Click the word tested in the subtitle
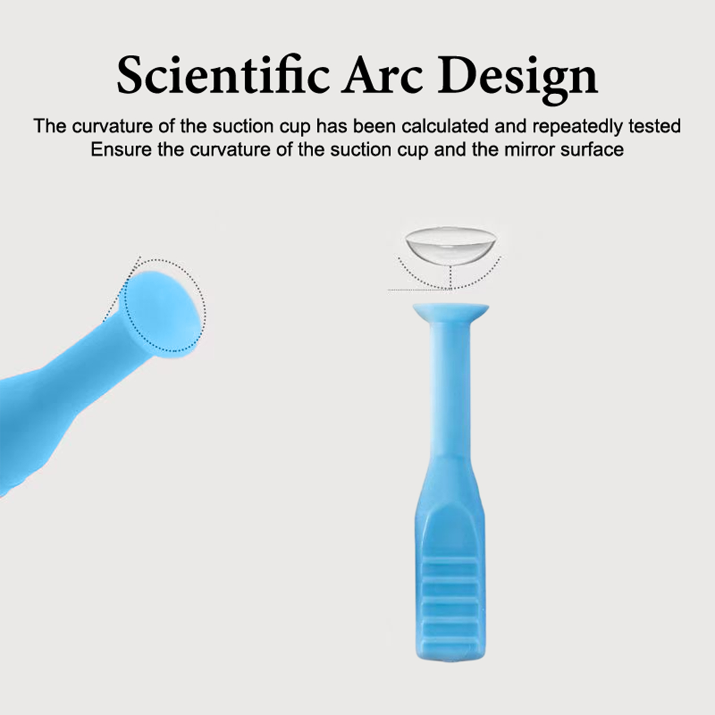point(654,126)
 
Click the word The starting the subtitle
point(50,126)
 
